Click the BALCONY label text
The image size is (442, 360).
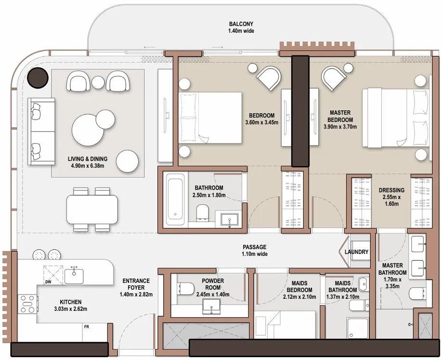[x=241, y=27]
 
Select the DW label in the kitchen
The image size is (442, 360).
[x=48, y=281]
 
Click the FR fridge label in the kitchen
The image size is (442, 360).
[x=87, y=327]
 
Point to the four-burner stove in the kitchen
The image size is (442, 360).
[x=28, y=304]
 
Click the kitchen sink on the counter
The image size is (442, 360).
[x=74, y=276]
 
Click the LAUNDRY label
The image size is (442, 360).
[x=357, y=252]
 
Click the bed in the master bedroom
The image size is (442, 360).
[x=395, y=118]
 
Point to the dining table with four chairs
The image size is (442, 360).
[x=92, y=209]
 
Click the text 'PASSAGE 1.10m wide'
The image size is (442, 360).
[x=255, y=251]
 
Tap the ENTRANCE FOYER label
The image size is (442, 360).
[x=136, y=287]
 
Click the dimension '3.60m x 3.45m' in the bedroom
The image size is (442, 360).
[x=261, y=122]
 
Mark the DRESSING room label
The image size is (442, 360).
[x=391, y=197]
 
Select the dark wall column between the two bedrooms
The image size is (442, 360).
[x=300, y=111]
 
